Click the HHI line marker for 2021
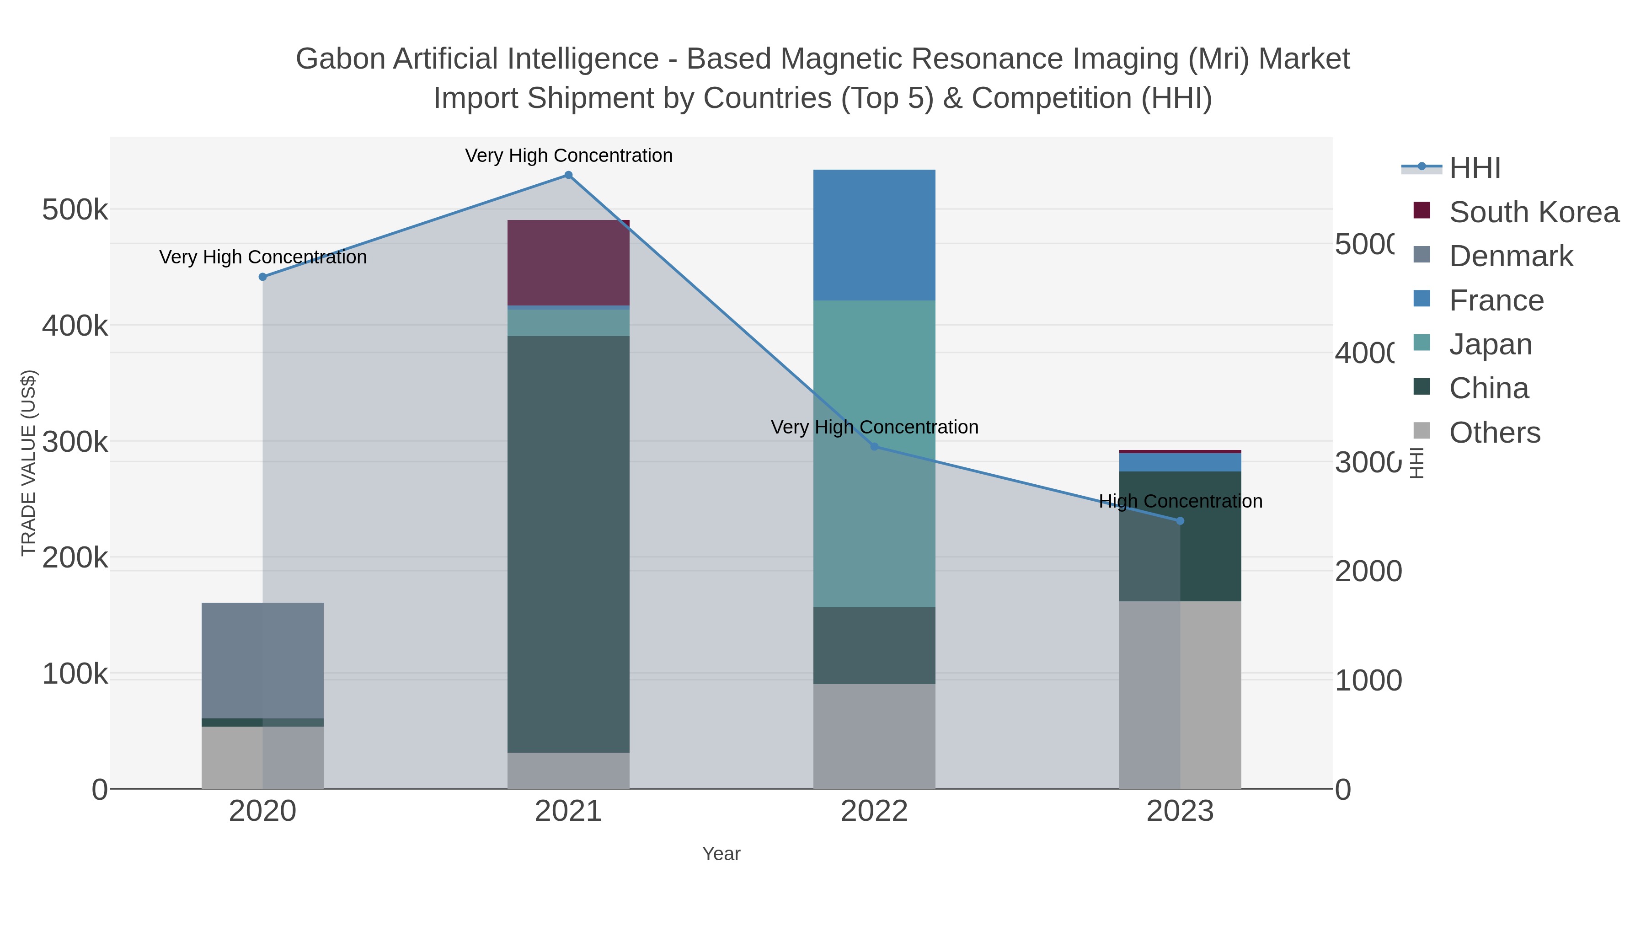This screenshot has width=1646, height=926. pyautogui.click(x=568, y=175)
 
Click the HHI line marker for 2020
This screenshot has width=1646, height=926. pyautogui.click(x=262, y=277)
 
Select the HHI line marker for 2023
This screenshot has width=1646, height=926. pyautogui.click(x=1180, y=521)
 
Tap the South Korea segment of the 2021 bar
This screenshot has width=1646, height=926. pyautogui.click(x=568, y=262)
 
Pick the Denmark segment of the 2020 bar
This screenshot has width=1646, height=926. pyautogui.click(x=262, y=660)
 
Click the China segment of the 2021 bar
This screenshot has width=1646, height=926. pyautogui.click(x=568, y=544)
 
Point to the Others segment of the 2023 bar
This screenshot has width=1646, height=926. pyautogui.click(x=1180, y=695)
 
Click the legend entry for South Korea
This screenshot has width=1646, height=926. pyautogui.click(x=1533, y=212)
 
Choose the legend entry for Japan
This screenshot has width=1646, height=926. pyautogui.click(x=1490, y=344)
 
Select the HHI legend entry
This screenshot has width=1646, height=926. pyautogui.click(x=1474, y=168)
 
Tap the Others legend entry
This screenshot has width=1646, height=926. pyautogui.click(x=1494, y=433)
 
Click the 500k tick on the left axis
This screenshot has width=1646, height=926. pyautogui.click(x=75, y=209)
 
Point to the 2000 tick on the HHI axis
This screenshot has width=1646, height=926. pyautogui.click(x=1368, y=571)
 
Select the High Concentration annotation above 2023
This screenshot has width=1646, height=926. pyautogui.click(x=1180, y=501)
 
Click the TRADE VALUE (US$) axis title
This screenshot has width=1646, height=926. pyautogui.click(x=29, y=463)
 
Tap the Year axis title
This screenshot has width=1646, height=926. pyautogui.click(x=721, y=854)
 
